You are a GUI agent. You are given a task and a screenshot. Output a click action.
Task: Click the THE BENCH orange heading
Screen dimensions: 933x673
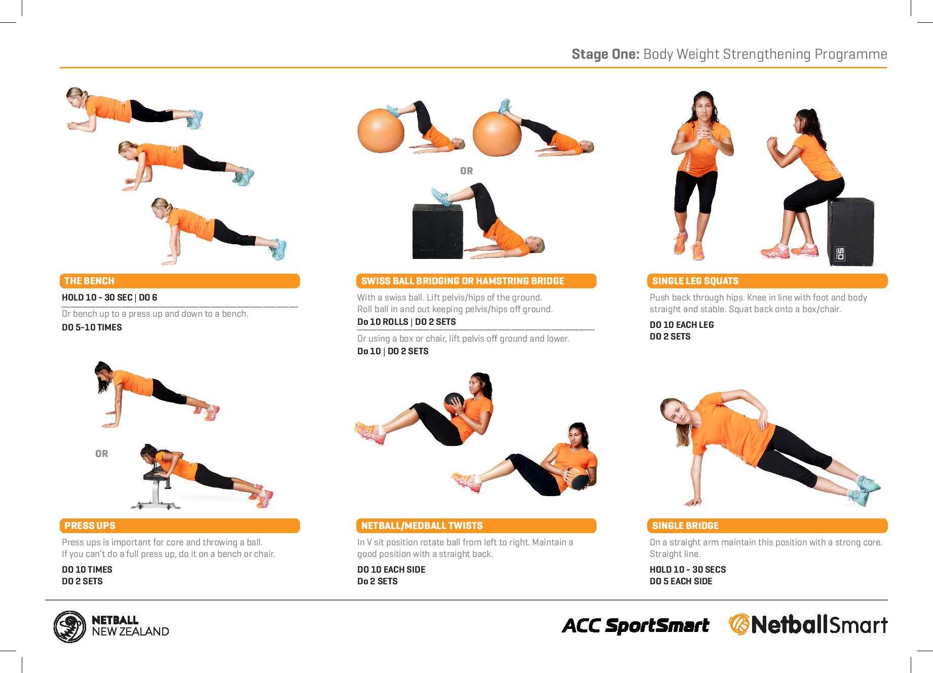click(x=179, y=281)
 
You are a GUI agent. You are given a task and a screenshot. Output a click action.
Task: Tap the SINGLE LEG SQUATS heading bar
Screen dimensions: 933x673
click(x=767, y=281)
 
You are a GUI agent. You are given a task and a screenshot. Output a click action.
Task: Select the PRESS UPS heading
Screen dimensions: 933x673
click(x=179, y=526)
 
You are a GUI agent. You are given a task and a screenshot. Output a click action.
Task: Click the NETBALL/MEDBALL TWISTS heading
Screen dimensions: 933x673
click(x=476, y=526)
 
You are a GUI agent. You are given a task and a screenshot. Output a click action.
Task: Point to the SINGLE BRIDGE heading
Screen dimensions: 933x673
click(x=767, y=526)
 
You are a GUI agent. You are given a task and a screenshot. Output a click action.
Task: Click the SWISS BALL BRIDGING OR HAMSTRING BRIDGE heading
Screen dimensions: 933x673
click(x=476, y=281)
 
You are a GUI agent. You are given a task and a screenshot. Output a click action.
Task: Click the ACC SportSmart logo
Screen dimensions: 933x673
click(x=636, y=625)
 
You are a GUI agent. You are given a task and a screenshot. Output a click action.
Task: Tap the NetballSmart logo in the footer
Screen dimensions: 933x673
click(x=808, y=624)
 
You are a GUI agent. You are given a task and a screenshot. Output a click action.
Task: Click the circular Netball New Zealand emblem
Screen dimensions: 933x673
click(x=70, y=627)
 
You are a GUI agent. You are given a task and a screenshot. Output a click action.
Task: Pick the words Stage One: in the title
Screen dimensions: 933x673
click(x=606, y=54)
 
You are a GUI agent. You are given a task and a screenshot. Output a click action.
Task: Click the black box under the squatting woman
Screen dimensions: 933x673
click(x=851, y=232)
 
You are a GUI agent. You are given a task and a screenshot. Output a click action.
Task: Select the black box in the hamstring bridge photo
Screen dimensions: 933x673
click(x=438, y=232)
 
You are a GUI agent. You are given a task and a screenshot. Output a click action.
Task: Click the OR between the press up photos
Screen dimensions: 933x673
click(x=101, y=454)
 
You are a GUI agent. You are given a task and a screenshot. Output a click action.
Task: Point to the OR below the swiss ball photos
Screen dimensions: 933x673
click(x=466, y=171)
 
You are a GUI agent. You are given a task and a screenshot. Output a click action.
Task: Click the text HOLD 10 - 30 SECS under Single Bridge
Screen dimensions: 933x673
click(x=688, y=570)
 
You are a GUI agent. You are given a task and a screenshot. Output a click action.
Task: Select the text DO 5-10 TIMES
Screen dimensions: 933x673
click(x=92, y=327)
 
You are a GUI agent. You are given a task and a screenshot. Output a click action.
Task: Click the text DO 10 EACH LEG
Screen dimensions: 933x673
click(x=682, y=325)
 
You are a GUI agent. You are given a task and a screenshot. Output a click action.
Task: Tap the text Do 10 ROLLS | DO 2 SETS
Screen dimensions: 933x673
click(x=406, y=322)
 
